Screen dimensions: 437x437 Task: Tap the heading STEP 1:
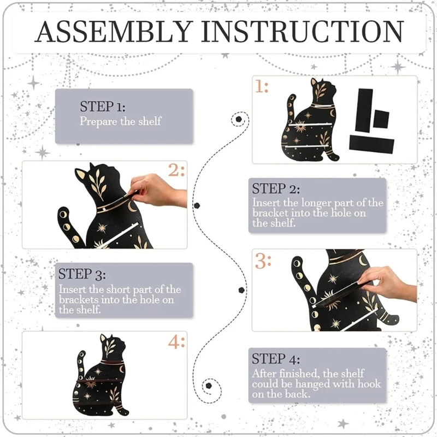pos(103,107)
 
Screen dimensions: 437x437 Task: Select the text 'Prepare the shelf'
pos(120,121)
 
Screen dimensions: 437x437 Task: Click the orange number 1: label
pos(262,87)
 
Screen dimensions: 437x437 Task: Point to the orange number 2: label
pos(176,170)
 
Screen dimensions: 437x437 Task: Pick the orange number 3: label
pos(263,261)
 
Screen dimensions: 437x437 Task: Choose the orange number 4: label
pos(176,342)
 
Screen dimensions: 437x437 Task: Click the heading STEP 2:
pos(276,189)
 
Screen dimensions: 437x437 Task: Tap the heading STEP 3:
pos(82,274)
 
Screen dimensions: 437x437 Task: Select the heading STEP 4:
pos(276,359)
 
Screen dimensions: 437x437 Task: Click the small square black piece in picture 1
pos(381,119)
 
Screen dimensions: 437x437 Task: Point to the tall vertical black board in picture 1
pos(364,111)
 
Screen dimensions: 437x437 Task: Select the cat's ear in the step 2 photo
pos(80,175)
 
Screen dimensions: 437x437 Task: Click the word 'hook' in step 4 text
pos(369,384)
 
